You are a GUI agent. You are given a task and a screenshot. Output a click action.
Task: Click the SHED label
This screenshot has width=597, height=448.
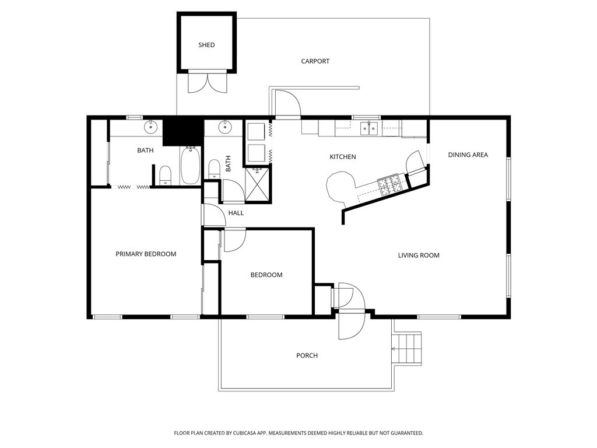pyautogui.click(x=206, y=45)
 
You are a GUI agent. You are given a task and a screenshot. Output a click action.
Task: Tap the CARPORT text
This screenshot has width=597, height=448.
pyautogui.click(x=315, y=61)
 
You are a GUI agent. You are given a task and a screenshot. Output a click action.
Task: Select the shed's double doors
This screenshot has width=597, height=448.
pyautogui.click(x=206, y=83)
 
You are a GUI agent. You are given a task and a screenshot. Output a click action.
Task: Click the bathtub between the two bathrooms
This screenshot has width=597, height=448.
pyautogui.click(x=191, y=166)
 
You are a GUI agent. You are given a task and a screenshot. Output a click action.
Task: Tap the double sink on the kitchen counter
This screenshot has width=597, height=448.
pyautogui.click(x=369, y=127)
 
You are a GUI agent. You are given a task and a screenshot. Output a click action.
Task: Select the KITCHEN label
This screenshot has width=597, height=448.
pyautogui.click(x=343, y=157)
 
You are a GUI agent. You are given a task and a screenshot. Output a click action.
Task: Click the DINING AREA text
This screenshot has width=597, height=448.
pyautogui.click(x=468, y=155)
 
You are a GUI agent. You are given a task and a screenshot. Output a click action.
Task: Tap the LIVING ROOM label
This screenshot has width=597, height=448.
pyautogui.click(x=419, y=255)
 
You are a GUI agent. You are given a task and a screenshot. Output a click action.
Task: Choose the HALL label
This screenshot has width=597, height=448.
pyautogui.click(x=236, y=213)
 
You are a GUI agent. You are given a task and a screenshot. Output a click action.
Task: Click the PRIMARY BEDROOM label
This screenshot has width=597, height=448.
pyautogui.click(x=146, y=254)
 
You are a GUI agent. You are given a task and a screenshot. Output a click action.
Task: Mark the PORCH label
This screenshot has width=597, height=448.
pyautogui.click(x=307, y=355)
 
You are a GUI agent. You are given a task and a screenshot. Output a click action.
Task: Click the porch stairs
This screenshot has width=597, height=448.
pyautogui.click(x=408, y=348)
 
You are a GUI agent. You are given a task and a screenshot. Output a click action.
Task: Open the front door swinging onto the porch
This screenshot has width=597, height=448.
pyautogui.click(x=352, y=327)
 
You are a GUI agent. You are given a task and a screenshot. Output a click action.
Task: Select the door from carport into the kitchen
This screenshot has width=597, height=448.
pyautogui.click(x=287, y=104)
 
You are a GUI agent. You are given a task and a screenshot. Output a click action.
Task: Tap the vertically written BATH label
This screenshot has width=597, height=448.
pyautogui.click(x=229, y=163)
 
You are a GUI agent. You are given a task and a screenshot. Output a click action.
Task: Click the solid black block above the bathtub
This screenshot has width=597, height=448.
pyautogui.click(x=182, y=131)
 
